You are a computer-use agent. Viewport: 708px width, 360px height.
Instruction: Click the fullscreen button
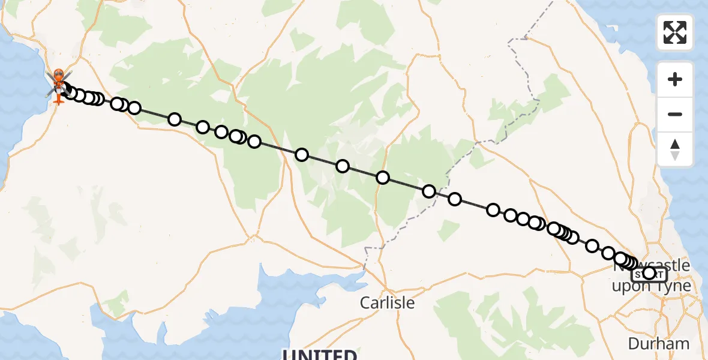[675, 32]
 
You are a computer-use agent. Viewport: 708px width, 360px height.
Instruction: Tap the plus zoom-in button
[675, 79]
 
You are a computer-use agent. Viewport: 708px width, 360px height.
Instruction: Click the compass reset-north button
[675, 149]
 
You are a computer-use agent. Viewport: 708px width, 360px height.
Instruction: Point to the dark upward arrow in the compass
[675, 144]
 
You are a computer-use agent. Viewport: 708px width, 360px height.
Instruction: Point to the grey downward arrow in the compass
[675, 155]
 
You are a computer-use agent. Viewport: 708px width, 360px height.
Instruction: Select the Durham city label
[659, 344]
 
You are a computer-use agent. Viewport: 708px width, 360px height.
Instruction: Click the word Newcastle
[651, 265]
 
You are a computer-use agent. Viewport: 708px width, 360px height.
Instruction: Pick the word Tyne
[675, 286]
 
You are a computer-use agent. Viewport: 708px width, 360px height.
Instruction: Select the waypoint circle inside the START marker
[649, 274]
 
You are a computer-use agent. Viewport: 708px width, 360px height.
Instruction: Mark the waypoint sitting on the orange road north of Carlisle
[383, 178]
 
